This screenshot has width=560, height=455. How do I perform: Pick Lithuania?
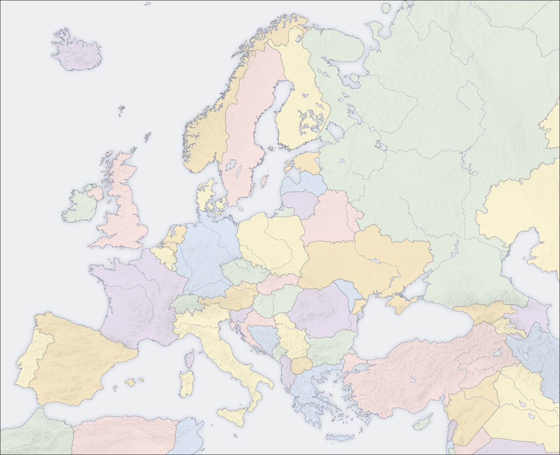point(300,201)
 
